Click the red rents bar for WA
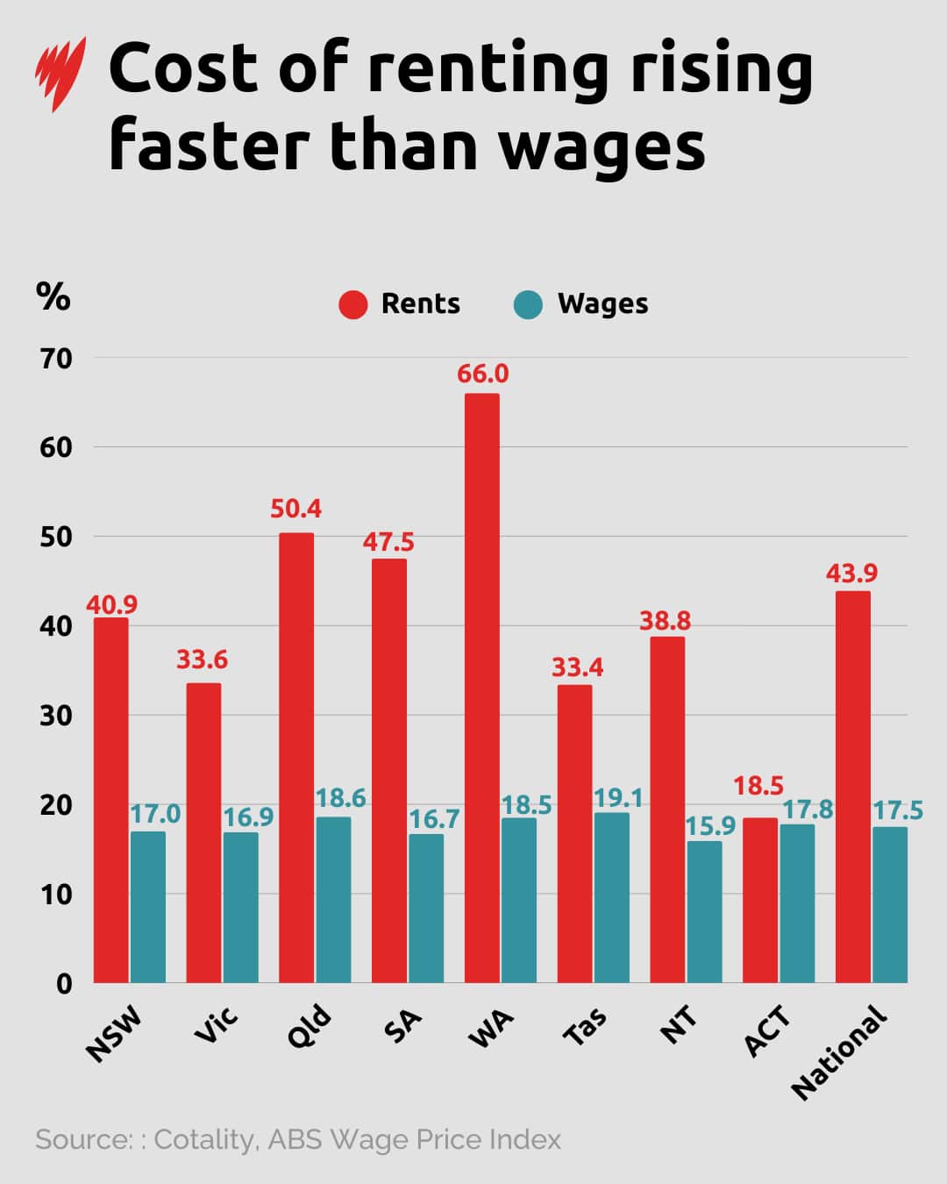481,688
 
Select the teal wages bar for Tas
611,897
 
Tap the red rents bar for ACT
759,900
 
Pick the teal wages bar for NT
704,912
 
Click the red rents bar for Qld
296,758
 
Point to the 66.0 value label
482,374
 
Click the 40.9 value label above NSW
111,604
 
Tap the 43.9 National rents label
851,573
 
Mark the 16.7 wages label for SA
434,819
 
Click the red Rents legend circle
353,304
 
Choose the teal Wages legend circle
529,304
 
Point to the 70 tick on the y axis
54,358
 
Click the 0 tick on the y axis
64,983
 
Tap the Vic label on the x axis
216,1026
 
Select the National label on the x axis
839,1052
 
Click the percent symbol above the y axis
53,296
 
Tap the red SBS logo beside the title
61,74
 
